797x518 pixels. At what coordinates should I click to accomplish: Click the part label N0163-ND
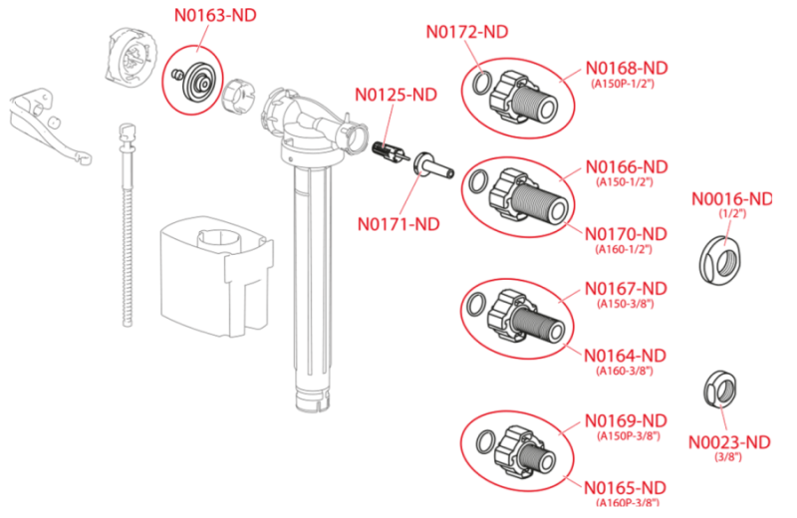215,15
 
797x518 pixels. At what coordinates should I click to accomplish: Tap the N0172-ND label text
466,32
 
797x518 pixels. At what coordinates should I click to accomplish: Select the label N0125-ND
396,95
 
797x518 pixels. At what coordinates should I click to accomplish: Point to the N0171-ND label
398,224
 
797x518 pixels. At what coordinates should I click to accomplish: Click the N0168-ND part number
627,68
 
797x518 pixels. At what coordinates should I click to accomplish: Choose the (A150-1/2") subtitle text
625,182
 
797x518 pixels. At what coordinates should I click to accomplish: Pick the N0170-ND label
626,234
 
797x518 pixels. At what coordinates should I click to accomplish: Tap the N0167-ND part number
626,289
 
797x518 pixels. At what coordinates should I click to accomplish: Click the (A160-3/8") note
625,371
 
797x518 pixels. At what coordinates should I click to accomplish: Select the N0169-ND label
626,421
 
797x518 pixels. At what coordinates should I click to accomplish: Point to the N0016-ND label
731,199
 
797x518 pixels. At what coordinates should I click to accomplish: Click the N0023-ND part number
729,442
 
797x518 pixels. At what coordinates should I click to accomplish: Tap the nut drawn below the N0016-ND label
719,260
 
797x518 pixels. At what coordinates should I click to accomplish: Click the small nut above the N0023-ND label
720,389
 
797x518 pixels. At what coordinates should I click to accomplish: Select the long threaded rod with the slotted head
128,224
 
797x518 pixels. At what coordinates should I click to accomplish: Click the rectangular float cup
217,276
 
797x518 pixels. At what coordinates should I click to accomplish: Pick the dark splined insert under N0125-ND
390,152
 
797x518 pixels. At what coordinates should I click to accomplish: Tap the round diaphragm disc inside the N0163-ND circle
199,82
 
